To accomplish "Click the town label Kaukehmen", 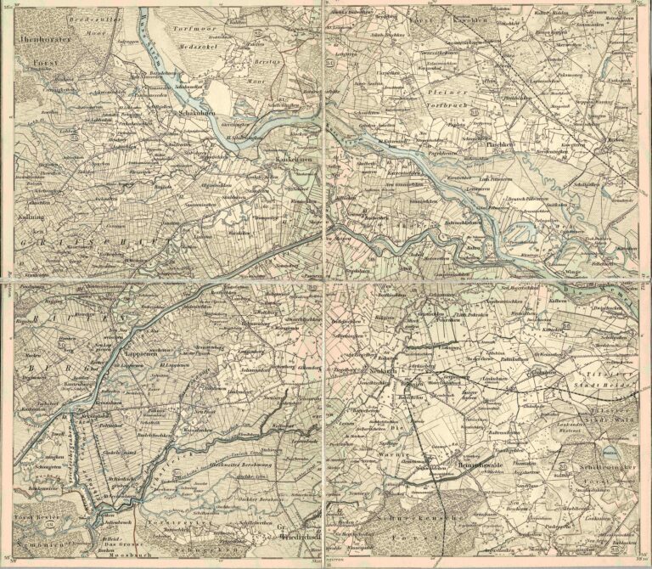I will coord(289,160).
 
